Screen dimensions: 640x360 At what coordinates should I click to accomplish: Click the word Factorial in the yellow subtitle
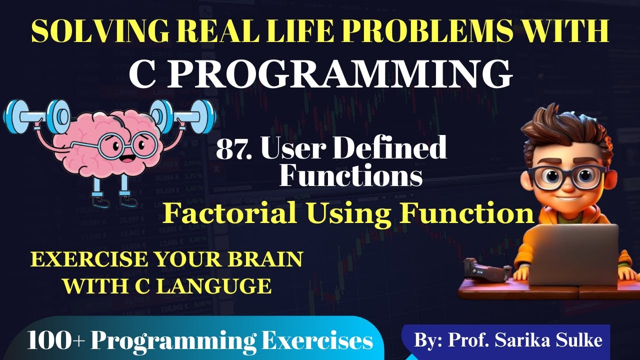[x=229, y=212]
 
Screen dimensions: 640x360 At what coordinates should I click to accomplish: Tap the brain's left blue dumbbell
[x=36, y=116]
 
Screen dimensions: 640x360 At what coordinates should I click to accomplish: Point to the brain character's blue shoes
[x=114, y=200]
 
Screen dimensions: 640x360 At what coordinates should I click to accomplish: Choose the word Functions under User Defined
[x=350, y=175]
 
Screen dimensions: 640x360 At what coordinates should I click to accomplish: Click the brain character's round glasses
[x=127, y=144]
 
